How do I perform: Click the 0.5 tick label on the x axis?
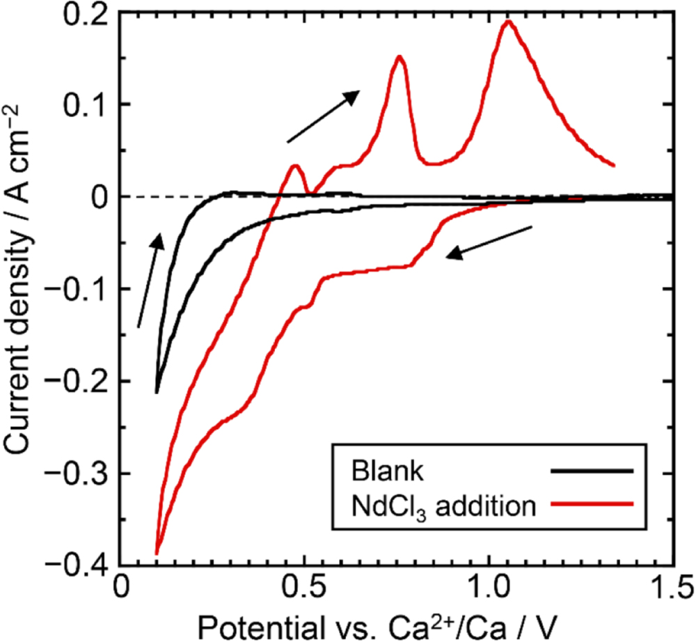pos(303,587)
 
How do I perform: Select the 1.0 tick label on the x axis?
pos(489,587)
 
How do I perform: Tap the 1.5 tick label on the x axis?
pos(672,587)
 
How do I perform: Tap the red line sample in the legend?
pos(591,506)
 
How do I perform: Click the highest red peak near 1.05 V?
pos(509,21)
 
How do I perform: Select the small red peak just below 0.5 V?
pos(296,166)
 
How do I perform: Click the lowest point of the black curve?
pos(157,392)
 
